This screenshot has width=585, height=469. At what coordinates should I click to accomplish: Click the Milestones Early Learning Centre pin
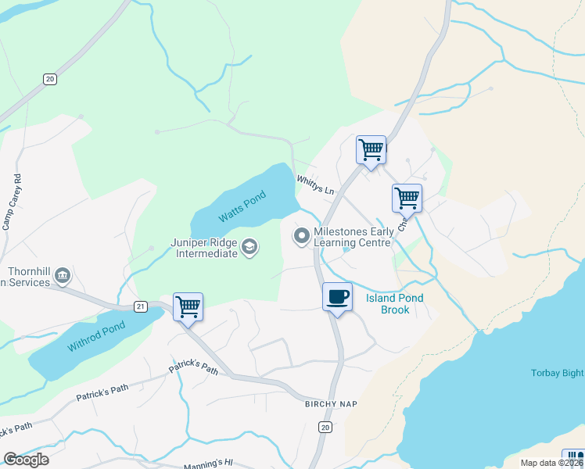301,234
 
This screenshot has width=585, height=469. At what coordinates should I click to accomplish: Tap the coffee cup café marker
337,298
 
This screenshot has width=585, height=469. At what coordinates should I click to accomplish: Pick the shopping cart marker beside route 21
188,306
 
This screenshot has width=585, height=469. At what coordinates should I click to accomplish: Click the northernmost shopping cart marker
371,149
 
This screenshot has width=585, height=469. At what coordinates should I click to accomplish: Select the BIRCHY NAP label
331,403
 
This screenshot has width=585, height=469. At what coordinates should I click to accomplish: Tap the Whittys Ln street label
315,185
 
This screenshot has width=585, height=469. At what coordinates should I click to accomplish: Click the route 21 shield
141,306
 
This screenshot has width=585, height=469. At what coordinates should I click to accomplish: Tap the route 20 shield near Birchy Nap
325,427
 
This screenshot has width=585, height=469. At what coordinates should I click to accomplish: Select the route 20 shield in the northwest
50,79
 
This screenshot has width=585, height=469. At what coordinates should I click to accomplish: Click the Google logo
26,460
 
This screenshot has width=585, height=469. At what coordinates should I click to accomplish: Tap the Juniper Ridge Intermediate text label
203,248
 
